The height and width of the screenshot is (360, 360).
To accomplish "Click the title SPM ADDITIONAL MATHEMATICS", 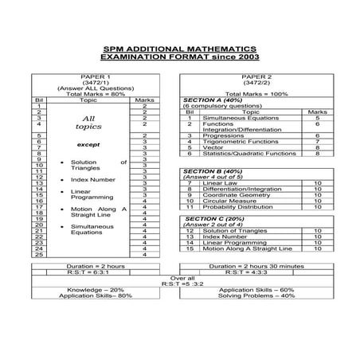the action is [180, 47].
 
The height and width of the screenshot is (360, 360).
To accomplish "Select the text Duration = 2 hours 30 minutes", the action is [256, 267].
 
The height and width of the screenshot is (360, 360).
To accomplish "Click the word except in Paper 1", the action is [88, 146].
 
